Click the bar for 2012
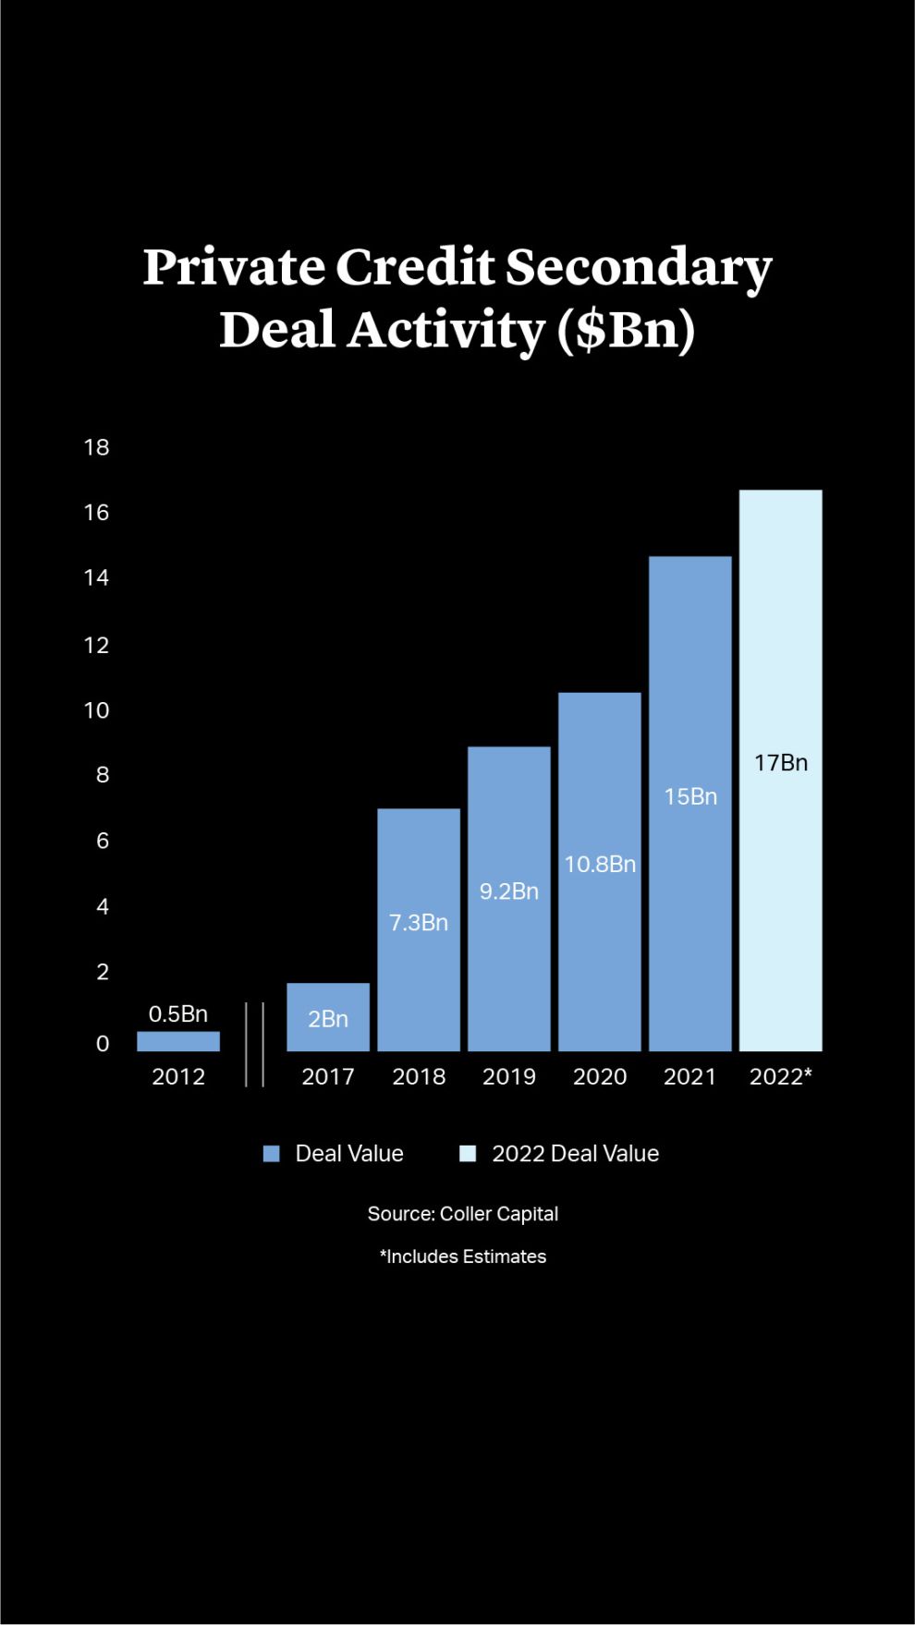(x=178, y=1041)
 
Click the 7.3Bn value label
(x=418, y=922)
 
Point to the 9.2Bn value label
(x=508, y=891)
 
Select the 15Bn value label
(x=690, y=796)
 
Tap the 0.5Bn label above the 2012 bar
(x=178, y=1013)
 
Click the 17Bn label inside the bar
(x=780, y=762)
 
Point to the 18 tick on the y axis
(x=96, y=447)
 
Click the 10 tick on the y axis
(x=96, y=710)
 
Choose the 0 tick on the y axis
(x=103, y=1043)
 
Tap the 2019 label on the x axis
(x=508, y=1076)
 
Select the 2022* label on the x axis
(x=780, y=1076)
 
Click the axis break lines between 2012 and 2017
(x=255, y=1044)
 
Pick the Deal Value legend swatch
(x=272, y=1153)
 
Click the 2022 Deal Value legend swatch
(x=468, y=1153)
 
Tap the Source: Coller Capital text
(x=462, y=1214)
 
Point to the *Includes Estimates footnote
(x=462, y=1256)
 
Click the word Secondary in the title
(x=638, y=268)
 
